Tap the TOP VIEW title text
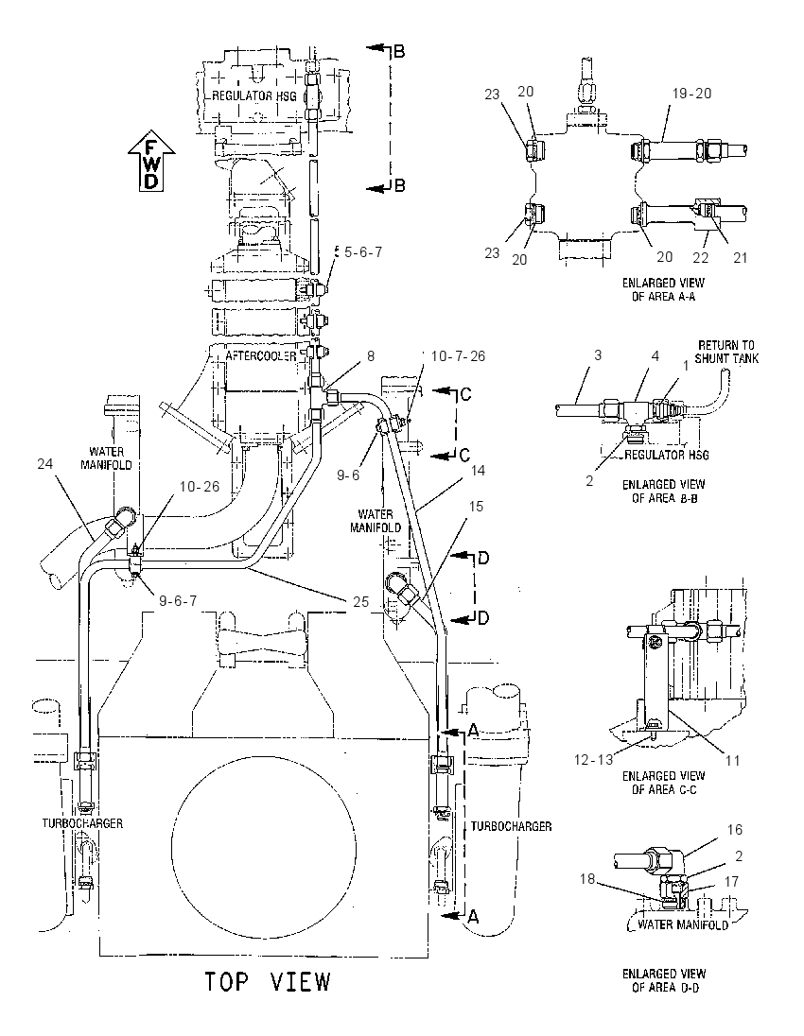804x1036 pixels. [x=267, y=981]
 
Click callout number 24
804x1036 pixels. [x=45, y=464]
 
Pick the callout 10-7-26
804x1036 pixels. [x=458, y=356]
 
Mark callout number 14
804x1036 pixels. [x=478, y=471]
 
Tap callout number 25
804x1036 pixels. [x=361, y=602]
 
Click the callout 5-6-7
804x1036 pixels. [x=361, y=251]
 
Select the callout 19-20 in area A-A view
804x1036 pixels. [x=691, y=94]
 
